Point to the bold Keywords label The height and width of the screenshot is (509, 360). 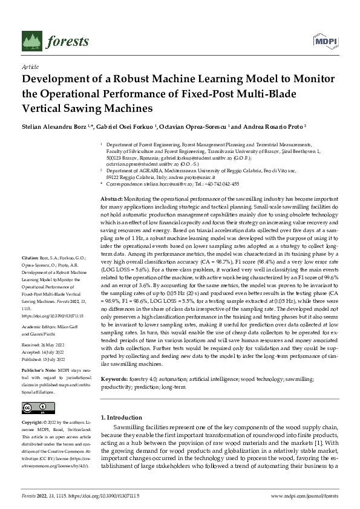pyautogui.click(x=113, y=378)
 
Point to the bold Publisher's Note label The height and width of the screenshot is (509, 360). pyautogui.click(x=41, y=368)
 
